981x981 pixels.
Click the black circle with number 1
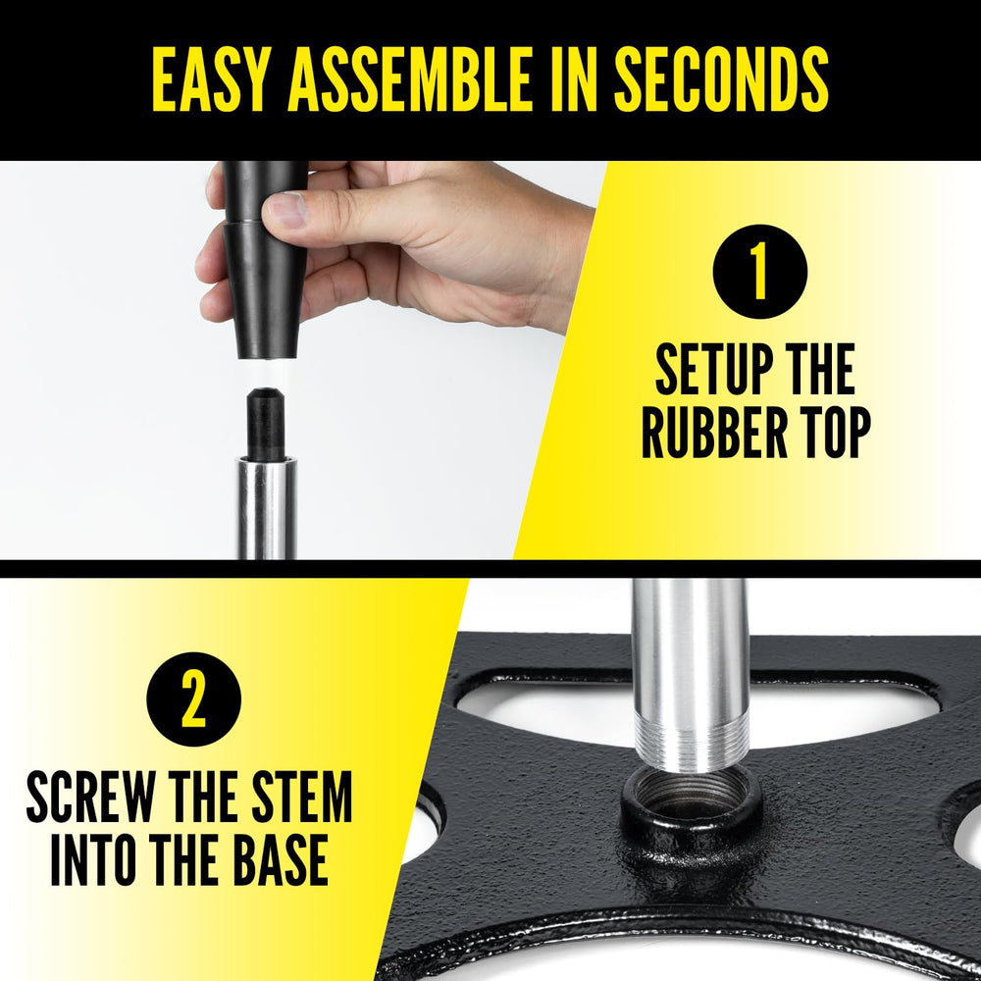pos(760,272)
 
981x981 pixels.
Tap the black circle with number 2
pos(194,699)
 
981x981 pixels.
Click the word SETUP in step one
pos(703,369)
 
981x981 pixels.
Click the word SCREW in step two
pos(90,797)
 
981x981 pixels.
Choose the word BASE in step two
pos(281,859)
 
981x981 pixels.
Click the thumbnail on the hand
pos(288,209)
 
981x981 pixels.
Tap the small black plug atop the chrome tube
pos(267,424)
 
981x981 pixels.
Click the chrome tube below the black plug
pos(267,508)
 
